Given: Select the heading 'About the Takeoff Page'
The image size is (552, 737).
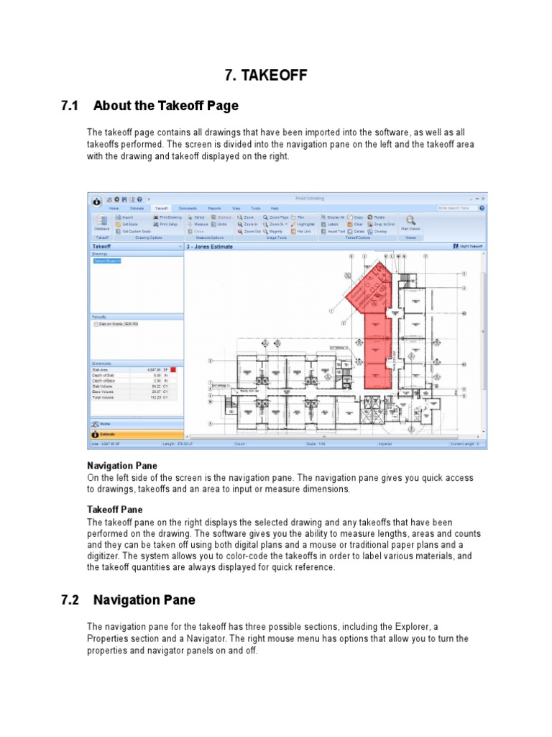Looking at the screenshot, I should click(166, 106).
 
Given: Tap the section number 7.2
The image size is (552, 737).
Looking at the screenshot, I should click(69, 600).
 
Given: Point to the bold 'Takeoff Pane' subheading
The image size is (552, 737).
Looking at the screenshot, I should click(115, 510).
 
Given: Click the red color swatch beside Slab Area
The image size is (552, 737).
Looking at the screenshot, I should click(173, 370).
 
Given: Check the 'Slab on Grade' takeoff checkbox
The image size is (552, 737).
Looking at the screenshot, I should click(96, 325).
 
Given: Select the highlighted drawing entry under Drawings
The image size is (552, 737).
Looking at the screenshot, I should click(107, 261).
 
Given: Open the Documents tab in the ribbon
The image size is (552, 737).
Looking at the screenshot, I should click(188, 207).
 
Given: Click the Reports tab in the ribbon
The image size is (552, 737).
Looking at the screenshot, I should click(214, 207).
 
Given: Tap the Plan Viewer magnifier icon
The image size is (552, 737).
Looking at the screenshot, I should click(410, 221).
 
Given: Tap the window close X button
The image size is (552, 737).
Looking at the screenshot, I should click(484, 198).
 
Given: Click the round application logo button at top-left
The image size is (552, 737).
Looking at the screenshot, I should click(95, 201).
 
